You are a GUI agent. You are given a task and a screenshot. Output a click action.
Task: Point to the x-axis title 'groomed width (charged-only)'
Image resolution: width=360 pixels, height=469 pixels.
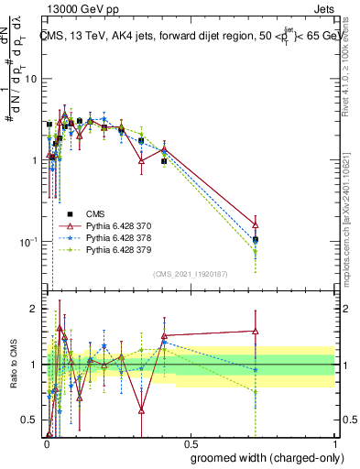point(262,456)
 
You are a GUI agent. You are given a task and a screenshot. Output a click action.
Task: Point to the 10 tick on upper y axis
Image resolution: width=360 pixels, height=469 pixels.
point(31,79)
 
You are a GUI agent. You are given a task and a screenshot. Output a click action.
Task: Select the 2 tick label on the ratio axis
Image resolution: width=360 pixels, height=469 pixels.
point(33,310)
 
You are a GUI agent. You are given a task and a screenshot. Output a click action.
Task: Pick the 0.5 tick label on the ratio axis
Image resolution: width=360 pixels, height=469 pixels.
point(30,420)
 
